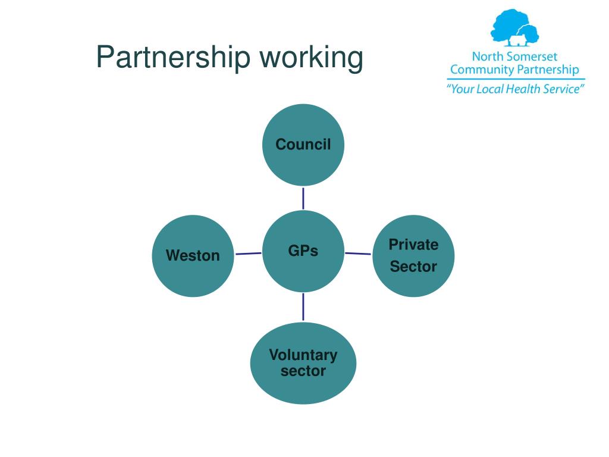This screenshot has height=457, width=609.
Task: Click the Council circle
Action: click(303, 145)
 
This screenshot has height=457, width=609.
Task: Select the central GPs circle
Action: click(303, 251)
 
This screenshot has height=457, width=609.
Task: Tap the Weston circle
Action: click(193, 256)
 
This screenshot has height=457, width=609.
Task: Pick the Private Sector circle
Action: click(413, 255)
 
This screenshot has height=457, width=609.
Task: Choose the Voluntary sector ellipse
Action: click(303, 363)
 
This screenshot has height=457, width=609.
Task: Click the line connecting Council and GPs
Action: click(303, 198)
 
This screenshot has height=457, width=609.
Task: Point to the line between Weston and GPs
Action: click(249, 254)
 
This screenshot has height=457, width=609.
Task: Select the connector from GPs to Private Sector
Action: click(358, 253)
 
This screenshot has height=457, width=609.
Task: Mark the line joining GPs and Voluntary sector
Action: click(303, 306)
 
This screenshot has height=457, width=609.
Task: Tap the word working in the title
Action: click(311, 58)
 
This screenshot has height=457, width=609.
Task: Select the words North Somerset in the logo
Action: click(515, 57)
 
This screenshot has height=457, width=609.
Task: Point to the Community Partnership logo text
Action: click(514, 70)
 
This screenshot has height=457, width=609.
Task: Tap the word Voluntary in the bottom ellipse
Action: click(303, 355)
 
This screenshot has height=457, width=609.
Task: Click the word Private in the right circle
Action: click(413, 245)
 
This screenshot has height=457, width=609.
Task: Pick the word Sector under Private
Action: click(413, 267)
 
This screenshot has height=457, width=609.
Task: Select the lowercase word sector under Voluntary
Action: click(303, 371)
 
